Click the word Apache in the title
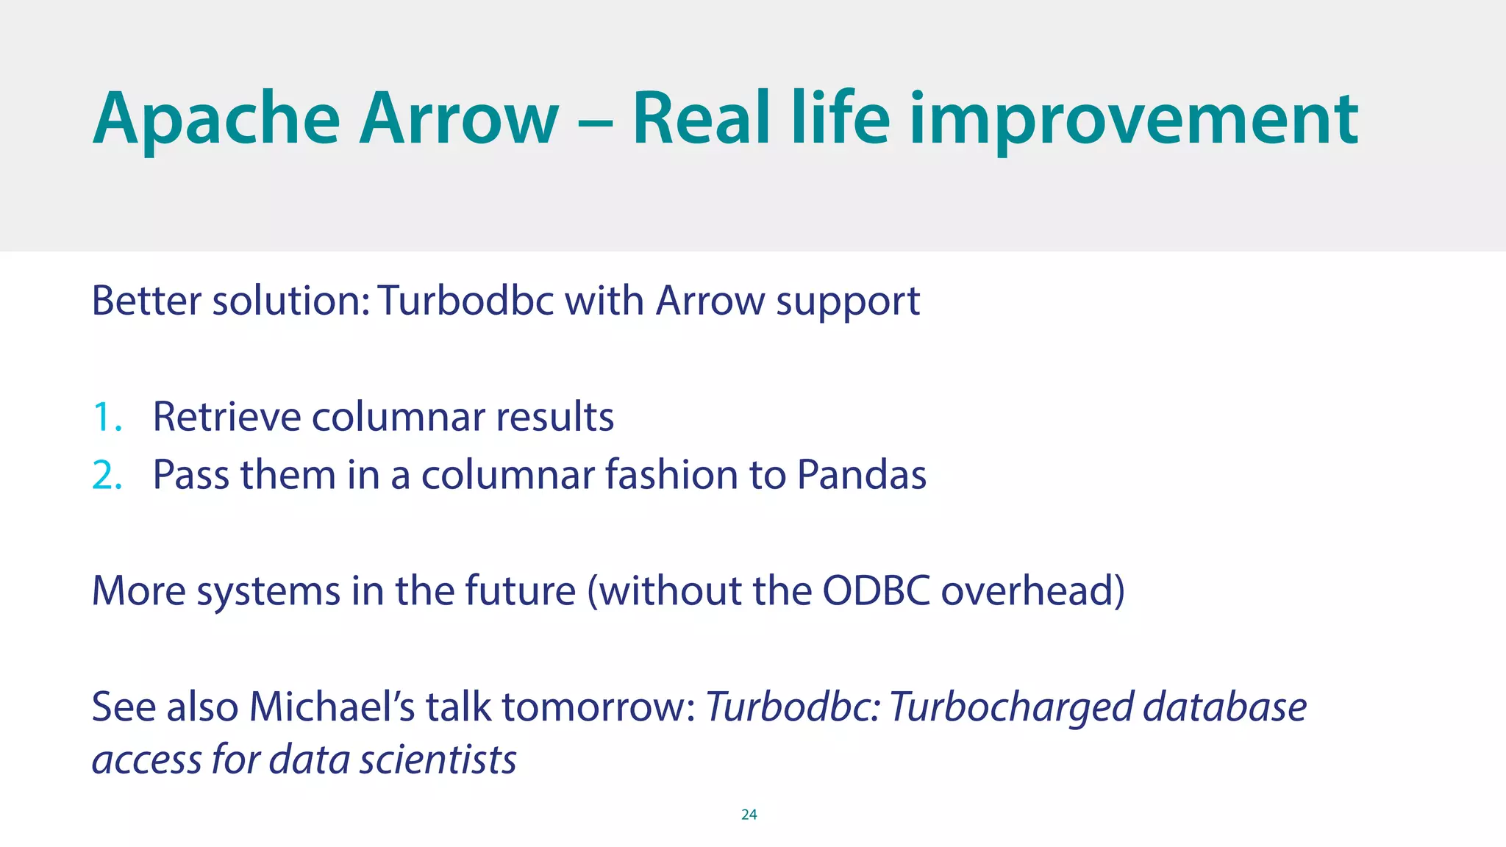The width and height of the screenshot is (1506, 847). point(216,120)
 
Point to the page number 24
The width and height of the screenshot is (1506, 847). point(749,814)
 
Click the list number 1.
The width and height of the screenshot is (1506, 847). point(106,418)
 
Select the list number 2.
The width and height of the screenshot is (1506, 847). point(107,476)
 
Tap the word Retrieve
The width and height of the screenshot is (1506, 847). point(226,417)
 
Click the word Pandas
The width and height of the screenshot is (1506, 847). point(861,475)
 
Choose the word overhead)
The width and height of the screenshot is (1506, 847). point(1032,591)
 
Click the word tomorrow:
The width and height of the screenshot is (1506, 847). point(599,707)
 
